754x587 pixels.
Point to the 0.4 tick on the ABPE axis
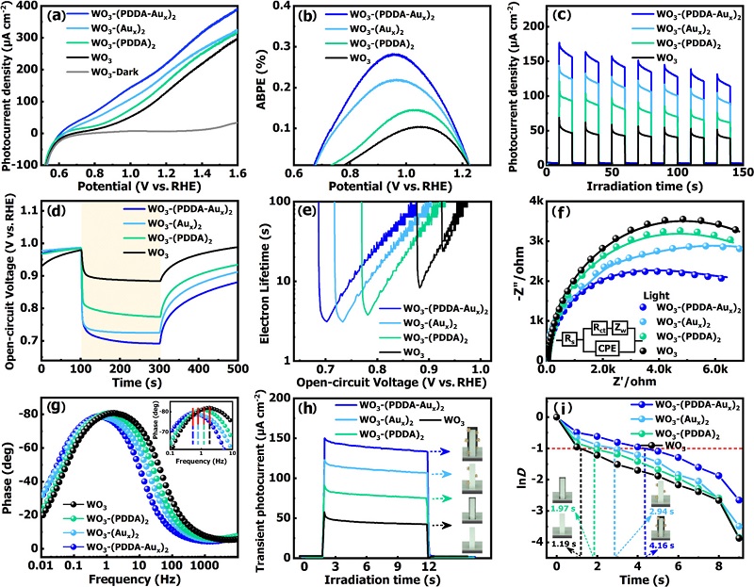coord(293,10)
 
